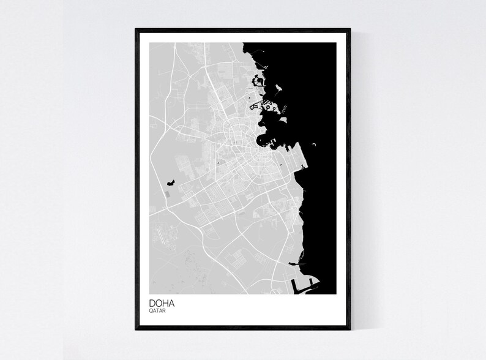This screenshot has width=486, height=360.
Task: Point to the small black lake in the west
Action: (x=171, y=183)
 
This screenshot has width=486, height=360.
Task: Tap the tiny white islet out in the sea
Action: (x=313, y=144)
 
